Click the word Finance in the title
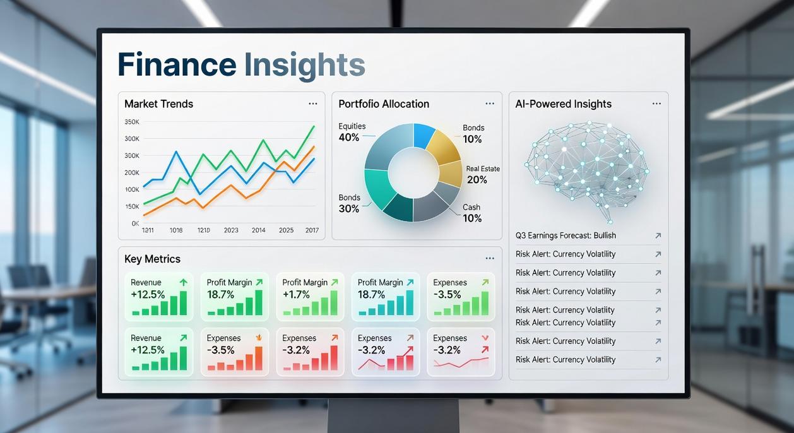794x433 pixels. pos(177,65)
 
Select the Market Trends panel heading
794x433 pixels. pos(158,104)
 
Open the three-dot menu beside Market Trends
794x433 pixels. pos(313,104)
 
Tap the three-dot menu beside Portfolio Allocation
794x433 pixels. pos(490,104)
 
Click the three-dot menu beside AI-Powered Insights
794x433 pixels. pos(656,104)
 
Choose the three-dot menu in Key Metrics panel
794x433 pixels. pos(490,258)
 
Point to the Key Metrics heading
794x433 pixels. pos(152,259)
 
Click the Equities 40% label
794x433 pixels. pos(352,132)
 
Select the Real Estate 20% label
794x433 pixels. pos(483,175)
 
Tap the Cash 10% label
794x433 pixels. pos(471,213)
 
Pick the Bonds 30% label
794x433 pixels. pos(349,203)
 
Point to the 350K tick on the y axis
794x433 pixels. pos(132,122)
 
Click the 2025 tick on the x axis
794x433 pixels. pos(286,230)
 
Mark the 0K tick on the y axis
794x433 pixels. pos(135,223)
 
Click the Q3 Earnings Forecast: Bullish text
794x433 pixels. pos(566,235)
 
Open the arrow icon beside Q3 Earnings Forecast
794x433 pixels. pos(658,235)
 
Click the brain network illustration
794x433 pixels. pos(587,167)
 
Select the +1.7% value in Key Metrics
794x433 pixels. pos(297,294)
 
